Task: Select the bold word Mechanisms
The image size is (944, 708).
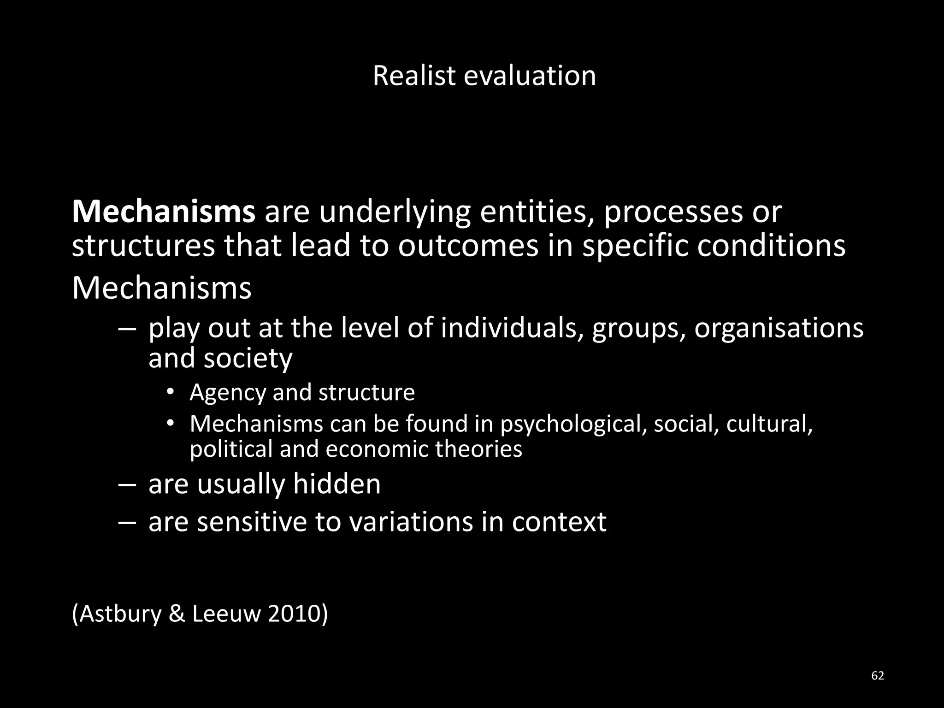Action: click(x=164, y=212)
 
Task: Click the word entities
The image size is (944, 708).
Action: click(x=537, y=212)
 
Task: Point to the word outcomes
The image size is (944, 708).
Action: click(x=468, y=246)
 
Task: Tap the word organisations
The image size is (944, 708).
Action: click(x=779, y=328)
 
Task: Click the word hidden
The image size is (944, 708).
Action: click(x=336, y=484)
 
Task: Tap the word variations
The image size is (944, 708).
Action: click(x=410, y=522)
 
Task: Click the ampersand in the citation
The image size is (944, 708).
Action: click(x=177, y=614)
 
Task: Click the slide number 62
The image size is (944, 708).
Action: click(x=878, y=676)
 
